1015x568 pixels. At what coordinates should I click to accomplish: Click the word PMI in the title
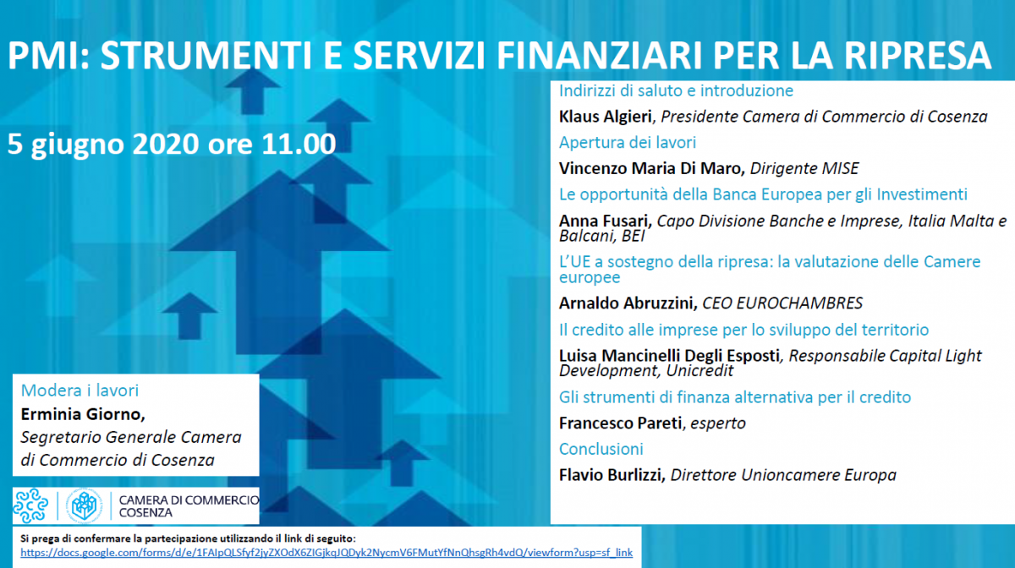pyautogui.click(x=44, y=55)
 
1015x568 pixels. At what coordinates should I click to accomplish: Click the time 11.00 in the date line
pyautogui.click(x=299, y=144)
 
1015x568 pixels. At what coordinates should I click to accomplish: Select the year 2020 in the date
pyautogui.click(x=166, y=144)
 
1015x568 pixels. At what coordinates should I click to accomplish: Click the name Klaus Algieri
pyautogui.click(x=606, y=117)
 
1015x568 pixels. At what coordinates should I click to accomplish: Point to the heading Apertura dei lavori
pyautogui.click(x=628, y=143)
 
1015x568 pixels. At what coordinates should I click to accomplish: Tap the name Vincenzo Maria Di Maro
pyautogui.click(x=652, y=168)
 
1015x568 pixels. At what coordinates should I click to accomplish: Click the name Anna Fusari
pyautogui.click(x=605, y=221)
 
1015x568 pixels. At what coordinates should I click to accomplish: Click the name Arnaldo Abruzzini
pyautogui.click(x=628, y=303)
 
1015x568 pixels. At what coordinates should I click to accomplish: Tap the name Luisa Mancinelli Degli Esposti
pyautogui.click(x=669, y=356)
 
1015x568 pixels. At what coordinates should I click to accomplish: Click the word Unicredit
pyautogui.click(x=700, y=370)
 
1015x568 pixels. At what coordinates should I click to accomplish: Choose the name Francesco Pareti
pyautogui.click(x=620, y=423)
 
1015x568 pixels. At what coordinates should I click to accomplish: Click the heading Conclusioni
pyautogui.click(x=601, y=449)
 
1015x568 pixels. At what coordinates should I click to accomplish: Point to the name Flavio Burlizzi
pyautogui.click(x=612, y=475)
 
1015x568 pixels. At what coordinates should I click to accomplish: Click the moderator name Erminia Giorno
pyautogui.click(x=83, y=414)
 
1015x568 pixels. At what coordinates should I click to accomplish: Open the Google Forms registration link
pyautogui.click(x=326, y=553)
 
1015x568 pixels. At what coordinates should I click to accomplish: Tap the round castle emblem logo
pyautogui.click(x=85, y=505)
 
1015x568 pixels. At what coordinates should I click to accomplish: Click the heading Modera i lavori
pyautogui.click(x=80, y=390)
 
